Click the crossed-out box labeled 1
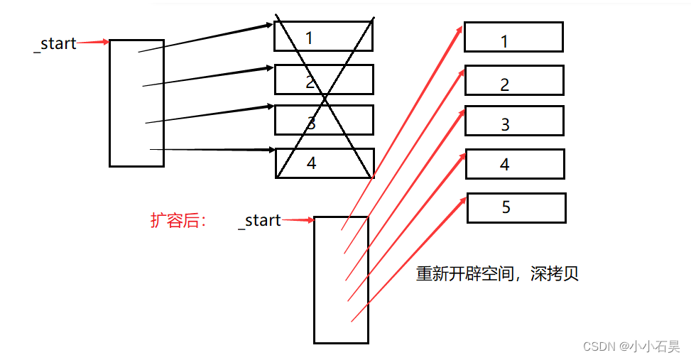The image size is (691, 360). (323, 36)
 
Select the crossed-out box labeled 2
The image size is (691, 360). (324, 80)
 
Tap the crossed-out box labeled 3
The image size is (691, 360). (324, 120)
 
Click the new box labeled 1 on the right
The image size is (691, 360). (513, 37)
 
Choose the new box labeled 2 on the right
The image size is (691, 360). (513, 80)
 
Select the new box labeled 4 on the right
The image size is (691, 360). (514, 164)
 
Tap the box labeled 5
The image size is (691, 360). (516, 208)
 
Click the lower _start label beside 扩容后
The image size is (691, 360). (259, 220)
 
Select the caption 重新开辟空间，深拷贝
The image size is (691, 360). (497, 274)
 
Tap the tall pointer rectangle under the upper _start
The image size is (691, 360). (136, 103)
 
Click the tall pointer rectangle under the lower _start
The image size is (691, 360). (341, 280)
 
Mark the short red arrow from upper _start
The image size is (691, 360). (92, 43)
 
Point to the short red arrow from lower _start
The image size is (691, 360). (298, 220)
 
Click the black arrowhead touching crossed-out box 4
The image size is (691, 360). (271, 151)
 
